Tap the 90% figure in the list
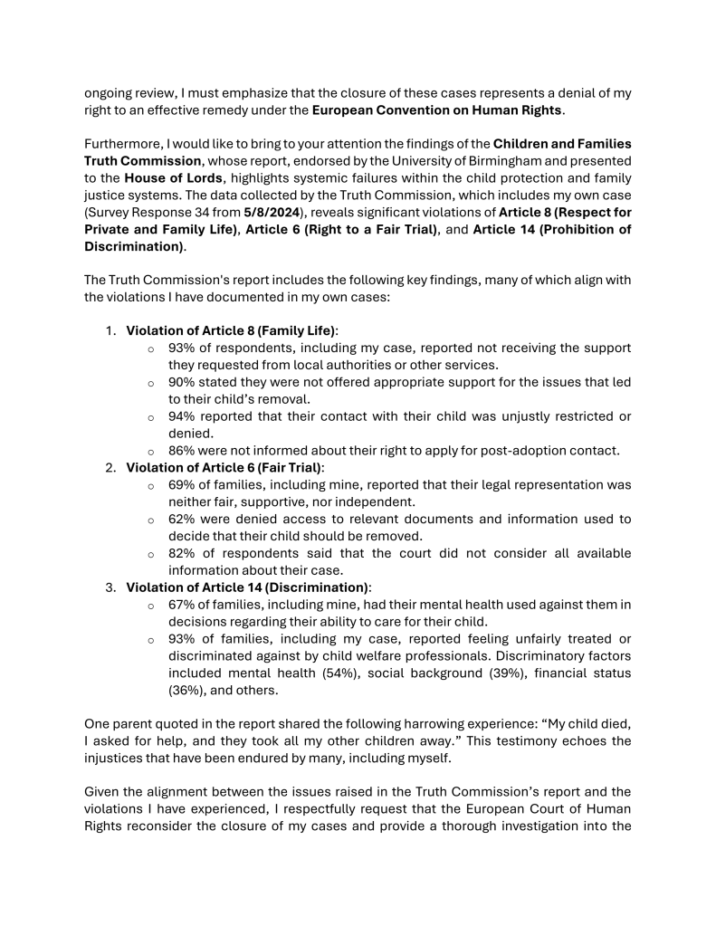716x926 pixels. coord(183,382)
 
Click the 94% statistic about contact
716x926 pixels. coord(183,416)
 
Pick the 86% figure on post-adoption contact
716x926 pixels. coord(183,451)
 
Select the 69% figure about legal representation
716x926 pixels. coord(183,485)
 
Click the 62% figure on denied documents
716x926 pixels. coord(183,519)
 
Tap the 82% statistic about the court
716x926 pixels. coord(183,553)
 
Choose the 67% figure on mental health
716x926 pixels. coord(183,605)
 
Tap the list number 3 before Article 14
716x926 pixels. coord(110,587)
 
